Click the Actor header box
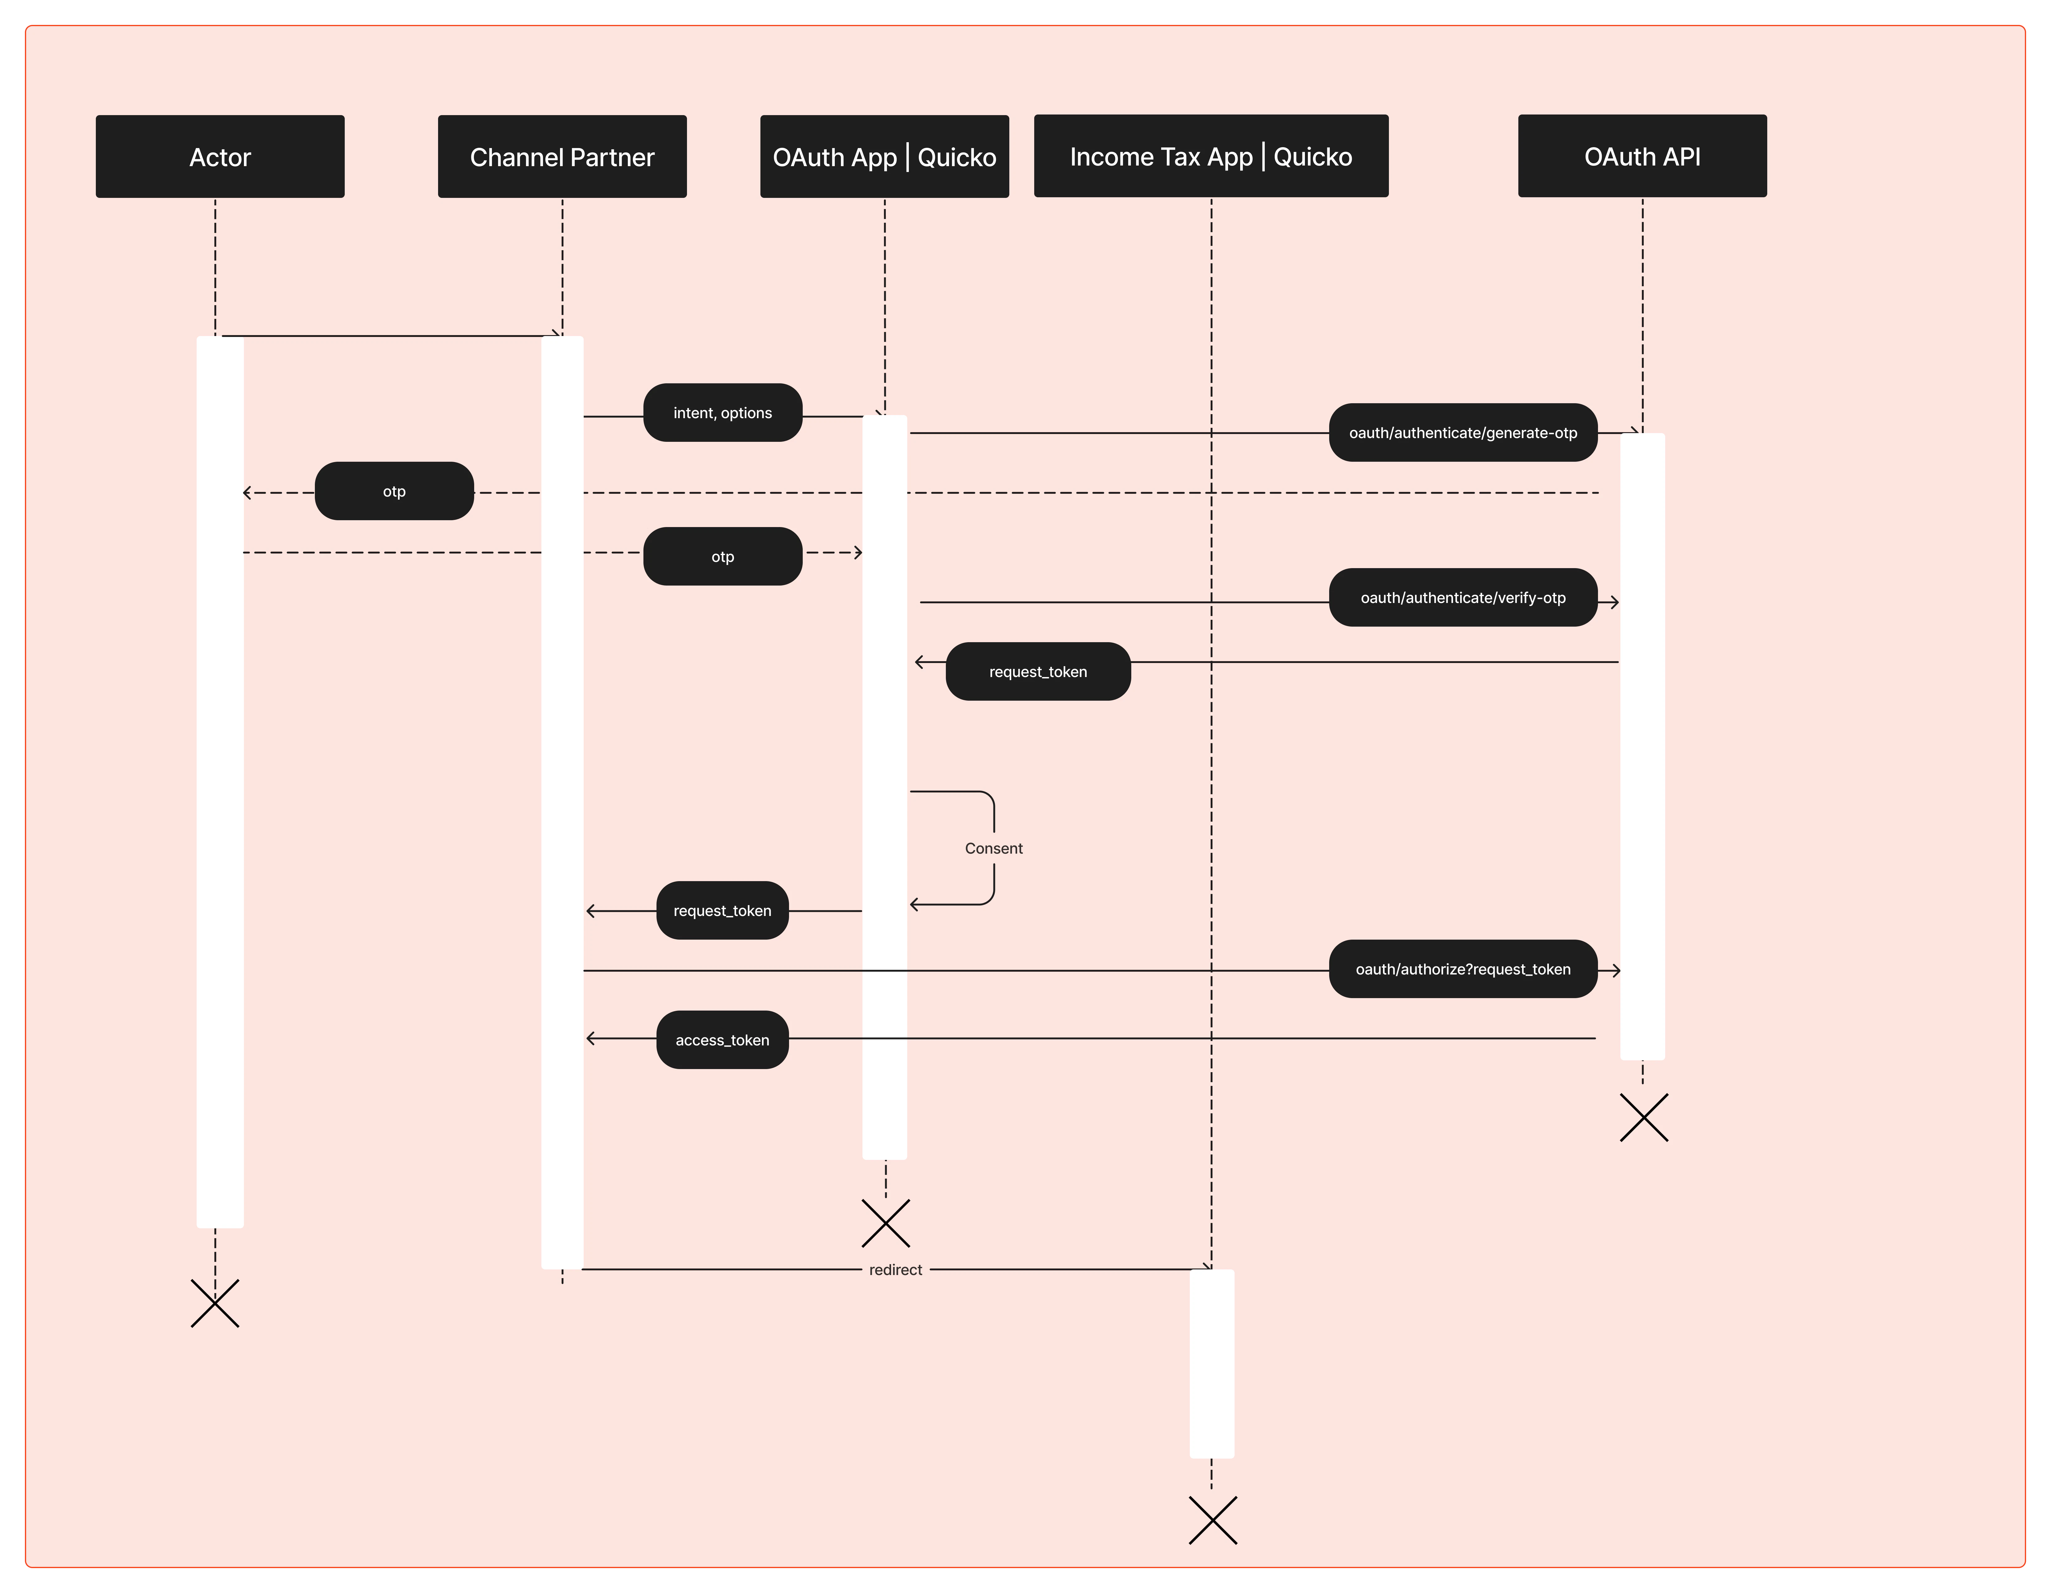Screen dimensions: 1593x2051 click(x=220, y=157)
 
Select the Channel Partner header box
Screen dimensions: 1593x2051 click(x=562, y=157)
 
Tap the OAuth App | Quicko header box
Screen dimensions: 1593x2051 click(x=884, y=157)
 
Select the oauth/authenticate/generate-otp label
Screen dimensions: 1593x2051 click(x=1462, y=433)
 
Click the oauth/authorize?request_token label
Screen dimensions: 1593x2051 click(x=1462, y=969)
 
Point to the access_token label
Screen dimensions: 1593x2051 click(x=722, y=1040)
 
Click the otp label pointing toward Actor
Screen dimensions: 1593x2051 click(x=394, y=491)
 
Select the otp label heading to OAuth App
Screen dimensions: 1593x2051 click(x=722, y=557)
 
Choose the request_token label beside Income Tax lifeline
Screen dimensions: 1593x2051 click(x=1038, y=671)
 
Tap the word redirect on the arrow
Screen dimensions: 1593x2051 click(x=895, y=1270)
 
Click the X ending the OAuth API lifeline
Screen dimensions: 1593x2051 click(x=1643, y=1118)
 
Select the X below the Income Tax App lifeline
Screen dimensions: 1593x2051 click(x=1212, y=1521)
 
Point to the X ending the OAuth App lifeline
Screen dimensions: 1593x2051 click(x=885, y=1223)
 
